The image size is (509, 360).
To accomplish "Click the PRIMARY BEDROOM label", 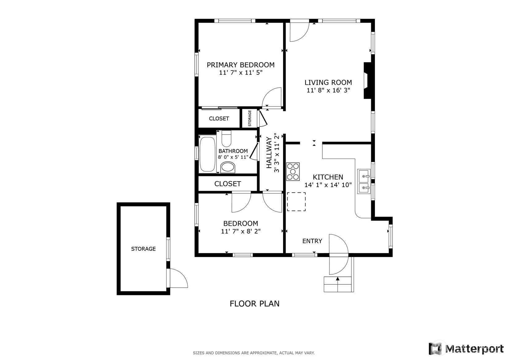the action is click(240, 65).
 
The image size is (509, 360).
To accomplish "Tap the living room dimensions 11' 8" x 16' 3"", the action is click(328, 90).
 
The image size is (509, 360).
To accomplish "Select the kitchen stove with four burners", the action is click(293, 172).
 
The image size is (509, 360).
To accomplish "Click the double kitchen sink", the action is click(364, 181).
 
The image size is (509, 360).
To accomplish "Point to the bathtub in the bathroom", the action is click(207, 154).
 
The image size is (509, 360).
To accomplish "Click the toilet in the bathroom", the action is click(226, 139).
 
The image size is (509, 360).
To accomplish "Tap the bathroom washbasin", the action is click(228, 167).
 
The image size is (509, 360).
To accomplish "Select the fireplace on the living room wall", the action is click(367, 80).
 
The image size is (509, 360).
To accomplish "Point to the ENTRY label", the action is click(312, 241).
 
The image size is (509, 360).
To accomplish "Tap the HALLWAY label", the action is click(269, 152).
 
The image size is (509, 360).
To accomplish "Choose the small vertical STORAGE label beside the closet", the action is click(250, 118).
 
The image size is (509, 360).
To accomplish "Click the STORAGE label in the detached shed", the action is click(143, 249).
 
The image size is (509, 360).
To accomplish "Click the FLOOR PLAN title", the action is click(255, 304).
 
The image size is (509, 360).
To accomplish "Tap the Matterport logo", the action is click(466, 349).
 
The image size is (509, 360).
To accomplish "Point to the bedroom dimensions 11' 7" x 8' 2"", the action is click(241, 231).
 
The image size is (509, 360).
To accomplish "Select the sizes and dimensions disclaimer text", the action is click(254, 353).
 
